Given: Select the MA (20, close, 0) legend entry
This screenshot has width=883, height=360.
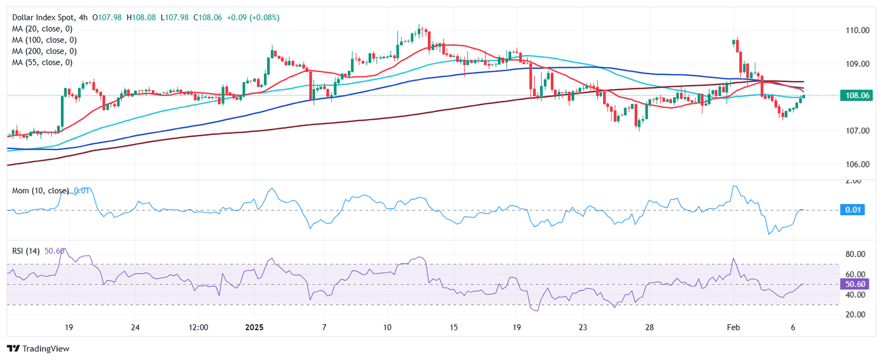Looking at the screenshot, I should coord(44,29).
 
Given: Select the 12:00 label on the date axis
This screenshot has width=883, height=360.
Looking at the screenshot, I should coord(198,328).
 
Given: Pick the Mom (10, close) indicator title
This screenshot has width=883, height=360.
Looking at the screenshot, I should coord(40,190).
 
